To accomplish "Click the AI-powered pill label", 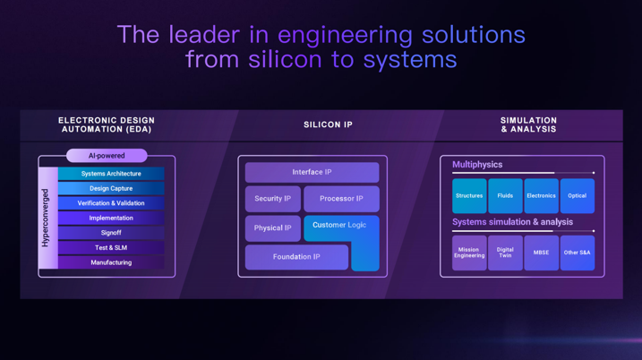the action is pos(107,156).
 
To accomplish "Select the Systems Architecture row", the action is pos(111,174).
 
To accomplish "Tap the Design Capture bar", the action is pos(111,188).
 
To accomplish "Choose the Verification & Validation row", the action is pos(111,203).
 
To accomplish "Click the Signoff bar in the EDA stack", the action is pos(111,233).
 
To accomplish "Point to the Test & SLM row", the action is pos(111,248).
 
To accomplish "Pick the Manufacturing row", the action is pos(111,262).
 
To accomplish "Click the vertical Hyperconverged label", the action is pos(45,218).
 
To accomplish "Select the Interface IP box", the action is pos(312,173).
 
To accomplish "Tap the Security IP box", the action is pos(273,199).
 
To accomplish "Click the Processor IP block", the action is pos(341,199).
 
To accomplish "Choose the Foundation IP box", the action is pos(296,257).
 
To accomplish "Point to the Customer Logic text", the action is pos(339,225).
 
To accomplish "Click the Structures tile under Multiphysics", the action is pos(469,196).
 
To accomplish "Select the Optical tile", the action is pos(578,196).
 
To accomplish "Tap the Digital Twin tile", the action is pos(505,253).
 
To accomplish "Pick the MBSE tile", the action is pos(542,253).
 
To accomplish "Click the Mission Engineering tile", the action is pos(469,253).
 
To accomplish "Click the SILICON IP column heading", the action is pos(328,124).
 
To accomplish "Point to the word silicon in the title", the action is pos(285,59).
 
